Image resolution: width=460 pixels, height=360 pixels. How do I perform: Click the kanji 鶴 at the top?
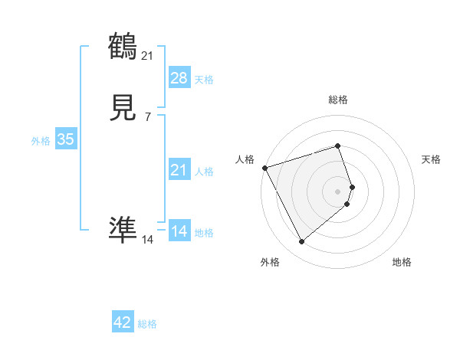pos(123,47)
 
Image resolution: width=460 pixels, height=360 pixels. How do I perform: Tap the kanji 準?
pos(123,229)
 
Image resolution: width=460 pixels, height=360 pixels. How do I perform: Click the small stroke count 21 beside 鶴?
pos(148,54)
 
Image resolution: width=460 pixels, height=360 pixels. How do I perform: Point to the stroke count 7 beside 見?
pos(147,117)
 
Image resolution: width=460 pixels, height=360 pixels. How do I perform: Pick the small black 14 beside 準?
pos(148,240)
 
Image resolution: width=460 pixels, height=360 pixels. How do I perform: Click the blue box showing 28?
pos(179,78)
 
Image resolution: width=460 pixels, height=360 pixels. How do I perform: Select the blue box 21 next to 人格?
pos(179,170)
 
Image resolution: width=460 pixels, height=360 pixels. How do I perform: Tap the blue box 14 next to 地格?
pos(179,231)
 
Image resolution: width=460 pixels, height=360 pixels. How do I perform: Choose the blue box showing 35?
pos(65,139)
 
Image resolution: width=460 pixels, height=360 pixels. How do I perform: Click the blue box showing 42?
pos(123,322)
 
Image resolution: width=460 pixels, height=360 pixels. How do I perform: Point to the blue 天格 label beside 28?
pos(204,80)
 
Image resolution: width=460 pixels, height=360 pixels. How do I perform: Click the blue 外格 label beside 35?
pos(41,141)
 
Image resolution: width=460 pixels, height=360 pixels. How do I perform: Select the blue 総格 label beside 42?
pos(147,324)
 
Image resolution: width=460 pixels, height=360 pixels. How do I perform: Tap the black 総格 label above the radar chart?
pos(338,100)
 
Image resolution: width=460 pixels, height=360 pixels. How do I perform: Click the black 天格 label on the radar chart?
pos(432,159)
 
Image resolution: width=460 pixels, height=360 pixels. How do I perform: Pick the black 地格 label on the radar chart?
pos(402,263)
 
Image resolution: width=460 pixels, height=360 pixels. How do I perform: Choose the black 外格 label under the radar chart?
pos(270,263)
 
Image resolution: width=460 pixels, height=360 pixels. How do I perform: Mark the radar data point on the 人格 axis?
pos(264,168)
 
